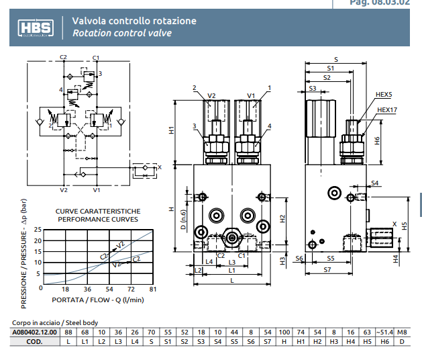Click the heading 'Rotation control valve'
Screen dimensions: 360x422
click(121, 33)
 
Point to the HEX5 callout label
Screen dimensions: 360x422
click(384, 95)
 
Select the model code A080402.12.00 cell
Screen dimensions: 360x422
click(36, 332)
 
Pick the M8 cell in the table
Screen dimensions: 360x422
click(401, 332)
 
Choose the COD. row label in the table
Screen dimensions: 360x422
click(36, 341)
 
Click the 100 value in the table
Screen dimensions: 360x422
click(284, 332)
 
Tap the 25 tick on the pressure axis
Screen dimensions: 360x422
click(38, 229)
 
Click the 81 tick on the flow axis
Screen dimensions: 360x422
click(153, 289)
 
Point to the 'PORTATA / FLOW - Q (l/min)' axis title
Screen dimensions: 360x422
click(98, 300)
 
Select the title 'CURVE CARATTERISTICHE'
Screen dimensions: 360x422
click(97, 211)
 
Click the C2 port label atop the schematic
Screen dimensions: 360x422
click(64, 58)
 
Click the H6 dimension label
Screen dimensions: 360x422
click(377, 140)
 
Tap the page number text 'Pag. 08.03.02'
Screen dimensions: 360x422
click(379, 3)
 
